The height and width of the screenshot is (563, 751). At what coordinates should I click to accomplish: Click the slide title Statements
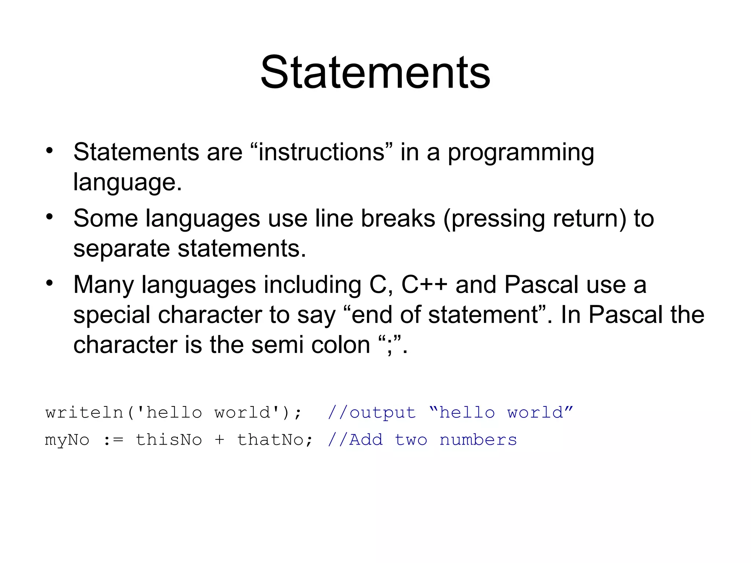click(375, 72)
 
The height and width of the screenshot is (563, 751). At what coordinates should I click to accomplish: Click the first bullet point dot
click(50, 150)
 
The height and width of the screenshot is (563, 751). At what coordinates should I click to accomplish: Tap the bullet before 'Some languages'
click(50, 217)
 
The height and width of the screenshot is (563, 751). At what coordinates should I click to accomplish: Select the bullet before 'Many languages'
click(50, 283)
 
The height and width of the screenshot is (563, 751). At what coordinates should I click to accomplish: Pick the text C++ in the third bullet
click(424, 285)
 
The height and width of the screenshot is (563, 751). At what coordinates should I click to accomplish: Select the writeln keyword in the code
click(84, 413)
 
